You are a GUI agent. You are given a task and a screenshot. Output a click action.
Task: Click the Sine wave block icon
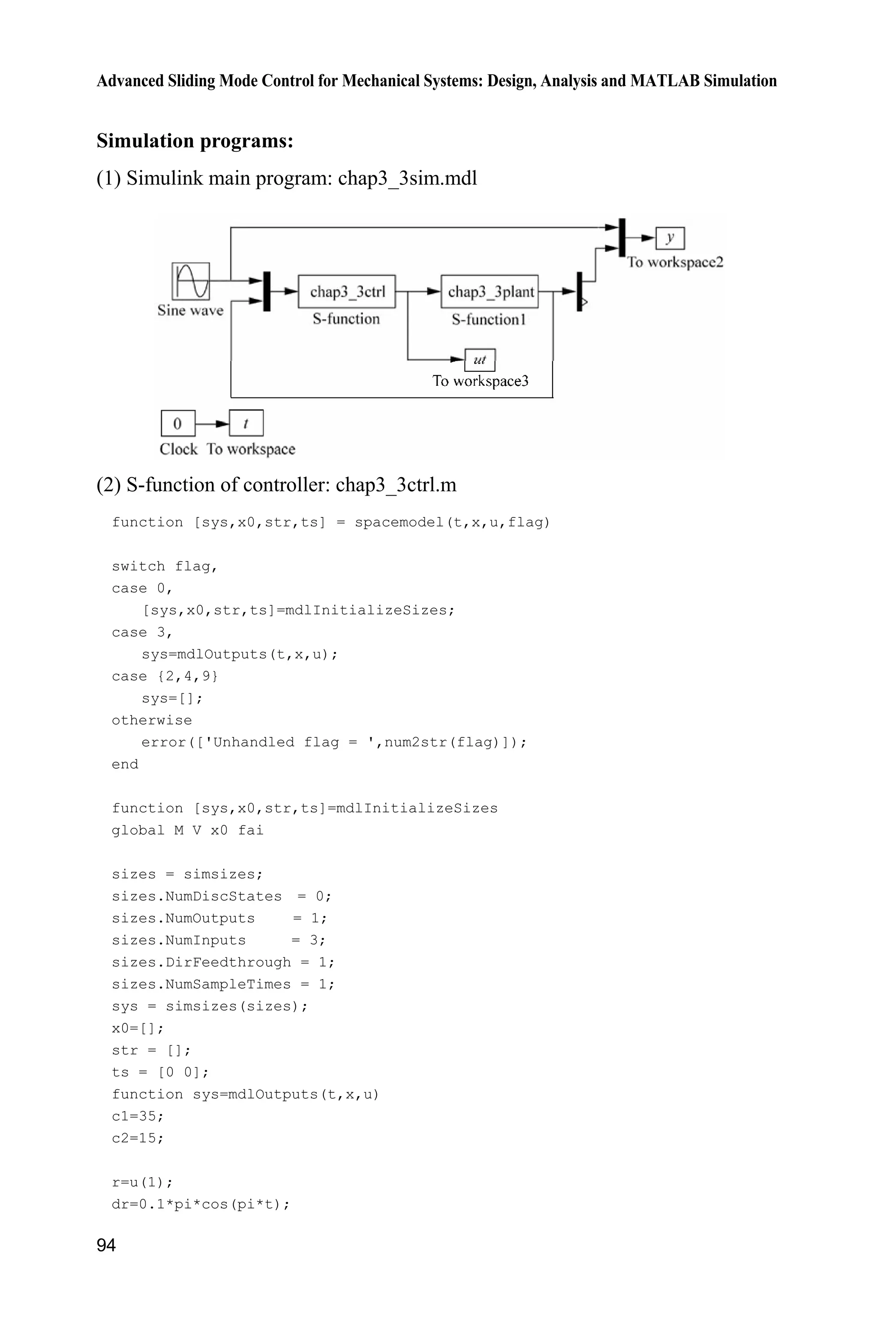pyautogui.click(x=190, y=281)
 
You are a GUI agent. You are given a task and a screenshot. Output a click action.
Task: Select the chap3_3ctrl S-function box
pyautogui.click(x=346, y=291)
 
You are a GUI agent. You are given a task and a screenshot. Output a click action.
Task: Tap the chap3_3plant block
pyautogui.click(x=490, y=291)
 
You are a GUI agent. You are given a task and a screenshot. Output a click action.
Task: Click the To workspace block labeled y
pyautogui.click(x=670, y=238)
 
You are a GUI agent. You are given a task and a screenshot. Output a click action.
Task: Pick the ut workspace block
pyautogui.click(x=480, y=360)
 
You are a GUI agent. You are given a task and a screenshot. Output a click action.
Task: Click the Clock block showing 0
pyautogui.click(x=178, y=423)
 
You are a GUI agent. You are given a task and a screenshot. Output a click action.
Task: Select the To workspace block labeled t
pyautogui.click(x=246, y=423)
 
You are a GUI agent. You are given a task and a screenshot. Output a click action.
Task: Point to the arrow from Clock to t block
pyautogui.click(x=212, y=423)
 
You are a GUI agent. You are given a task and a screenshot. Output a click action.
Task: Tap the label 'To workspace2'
pyautogui.click(x=675, y=262)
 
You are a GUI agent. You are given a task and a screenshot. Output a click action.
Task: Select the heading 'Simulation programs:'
pyautogui.click(x=195, y=141)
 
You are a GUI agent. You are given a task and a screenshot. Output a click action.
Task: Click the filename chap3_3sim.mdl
pyautogui.click(x=407, y=178)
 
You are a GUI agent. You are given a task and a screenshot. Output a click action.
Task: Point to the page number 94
pyautogui.click(x=106, y=1245)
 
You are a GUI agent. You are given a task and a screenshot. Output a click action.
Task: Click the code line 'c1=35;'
pyautogui.click(x=138, y=1116)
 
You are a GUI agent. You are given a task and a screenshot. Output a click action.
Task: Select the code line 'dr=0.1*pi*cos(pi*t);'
pyautogui.click(x=201, y=1204)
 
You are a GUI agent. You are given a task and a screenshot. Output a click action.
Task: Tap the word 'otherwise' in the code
pyautogui.click(x=152, y=720)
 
